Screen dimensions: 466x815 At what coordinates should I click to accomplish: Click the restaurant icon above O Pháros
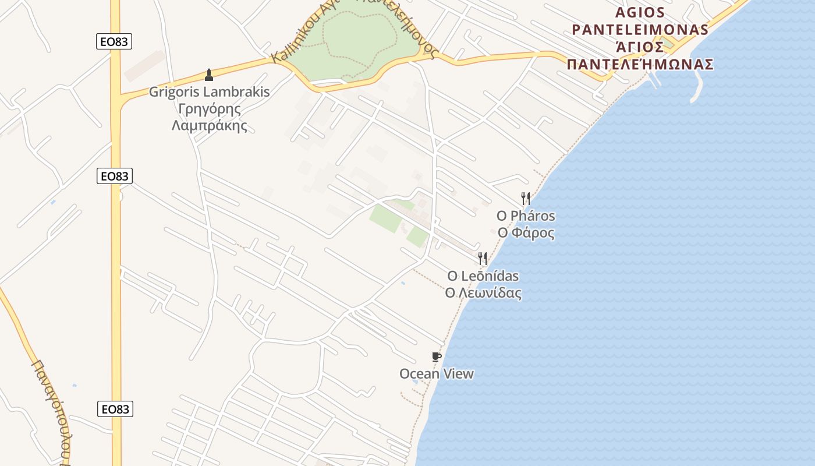point(525,199)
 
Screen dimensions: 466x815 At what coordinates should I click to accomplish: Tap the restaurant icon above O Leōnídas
point(483,258)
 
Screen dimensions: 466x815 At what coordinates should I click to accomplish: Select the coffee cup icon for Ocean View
point(436,357)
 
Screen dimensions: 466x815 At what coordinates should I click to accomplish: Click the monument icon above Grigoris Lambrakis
point(209,75)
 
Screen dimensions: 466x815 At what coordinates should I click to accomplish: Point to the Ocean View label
point(437,374)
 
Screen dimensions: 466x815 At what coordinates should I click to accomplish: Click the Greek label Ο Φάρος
point(526,233)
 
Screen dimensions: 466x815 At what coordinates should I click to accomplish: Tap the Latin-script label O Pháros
point(526,216)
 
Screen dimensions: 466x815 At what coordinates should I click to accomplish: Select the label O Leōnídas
point(483,276)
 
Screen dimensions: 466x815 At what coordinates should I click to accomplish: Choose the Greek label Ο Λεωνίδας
point(483,293)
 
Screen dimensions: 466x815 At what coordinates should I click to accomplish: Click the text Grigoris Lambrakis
point(210,92)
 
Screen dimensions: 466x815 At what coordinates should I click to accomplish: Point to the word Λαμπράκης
point(210,125)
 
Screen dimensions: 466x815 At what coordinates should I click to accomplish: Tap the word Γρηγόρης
point(210,109)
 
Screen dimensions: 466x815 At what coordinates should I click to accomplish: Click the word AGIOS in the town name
point(640,13)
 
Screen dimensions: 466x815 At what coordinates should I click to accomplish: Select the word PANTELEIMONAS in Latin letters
point(640,30)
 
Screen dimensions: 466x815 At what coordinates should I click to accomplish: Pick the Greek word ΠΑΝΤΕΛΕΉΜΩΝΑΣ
point(640,64)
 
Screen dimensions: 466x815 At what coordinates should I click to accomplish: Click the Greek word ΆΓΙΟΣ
point(640,47)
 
